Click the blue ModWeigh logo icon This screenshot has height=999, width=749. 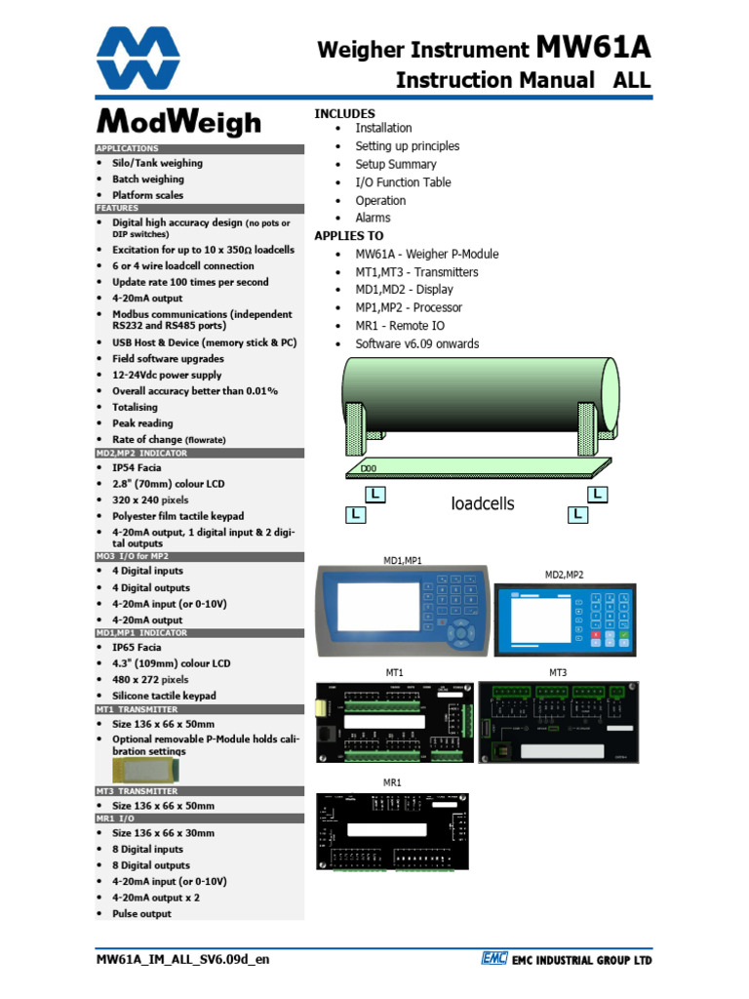click(138, 58)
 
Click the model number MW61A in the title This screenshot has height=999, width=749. click(592, 48)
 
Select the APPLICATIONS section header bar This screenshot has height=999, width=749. click(200, 148)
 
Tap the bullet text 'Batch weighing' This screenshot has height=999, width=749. click(147, 180)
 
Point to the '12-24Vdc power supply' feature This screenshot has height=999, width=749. click(167, 375)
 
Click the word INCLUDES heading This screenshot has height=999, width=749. click(344, 114)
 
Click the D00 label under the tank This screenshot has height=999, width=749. click(369, 469)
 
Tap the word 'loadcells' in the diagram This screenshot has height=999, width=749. click(482, 503)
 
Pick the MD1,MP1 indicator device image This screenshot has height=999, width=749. click(401, 609)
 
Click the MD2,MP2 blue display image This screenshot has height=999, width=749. click(564, 619)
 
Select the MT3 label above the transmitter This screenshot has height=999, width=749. click(558, 673)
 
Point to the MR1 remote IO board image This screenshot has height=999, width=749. click(392, 830)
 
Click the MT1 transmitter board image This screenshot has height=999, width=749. click(395, 723)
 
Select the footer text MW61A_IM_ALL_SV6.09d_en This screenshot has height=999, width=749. click(182, 959)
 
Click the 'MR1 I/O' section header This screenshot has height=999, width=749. click(200, 819)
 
